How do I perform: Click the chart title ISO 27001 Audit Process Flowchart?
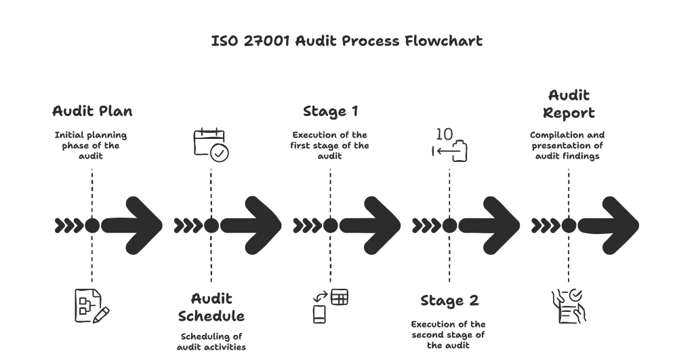[346, 41]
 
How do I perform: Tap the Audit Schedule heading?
[211, 307]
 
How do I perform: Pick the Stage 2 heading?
[449, 301]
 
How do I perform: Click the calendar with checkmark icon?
[211, 144]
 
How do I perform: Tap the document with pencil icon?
[91, 304]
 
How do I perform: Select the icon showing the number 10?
[449, 144]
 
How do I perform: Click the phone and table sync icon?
[330, 304]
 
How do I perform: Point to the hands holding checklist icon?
[568, 305]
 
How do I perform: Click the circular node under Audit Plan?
[91, 225]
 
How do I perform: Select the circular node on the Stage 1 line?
[330, 225]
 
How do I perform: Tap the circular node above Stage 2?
[449, 225]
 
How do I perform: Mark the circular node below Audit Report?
[568, 225]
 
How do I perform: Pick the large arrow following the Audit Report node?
[610, 225]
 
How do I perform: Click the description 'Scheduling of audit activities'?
[211, 341]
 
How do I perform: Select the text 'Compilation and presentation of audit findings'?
[568, 144]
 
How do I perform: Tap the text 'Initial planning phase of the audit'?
[91, 144]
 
